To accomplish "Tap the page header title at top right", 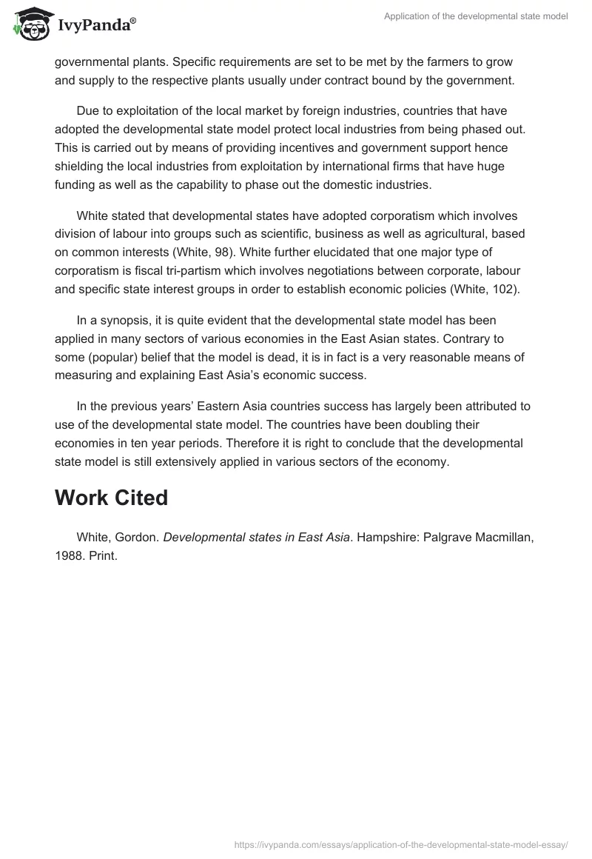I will pyautogui.click(x=476, y=16).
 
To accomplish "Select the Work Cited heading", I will pyautogui.click(x=111, y=498).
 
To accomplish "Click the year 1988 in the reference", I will pyautogui.click(x=69, y=555).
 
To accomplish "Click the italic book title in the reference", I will pyautogui.click(x=256, y=537).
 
